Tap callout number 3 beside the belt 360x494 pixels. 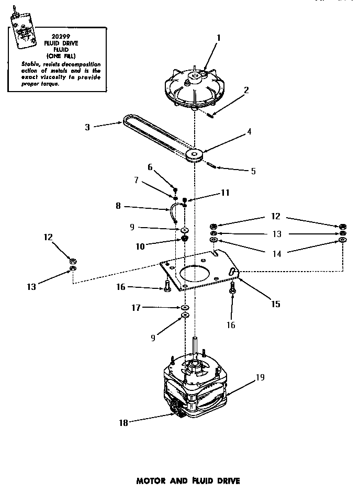[x=87, y=126]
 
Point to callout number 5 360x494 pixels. [x=253, y=171]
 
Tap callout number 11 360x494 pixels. [x=225, y=193]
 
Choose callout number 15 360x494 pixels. [x=275, y=304]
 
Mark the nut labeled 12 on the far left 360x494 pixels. [x=73, y=260]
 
